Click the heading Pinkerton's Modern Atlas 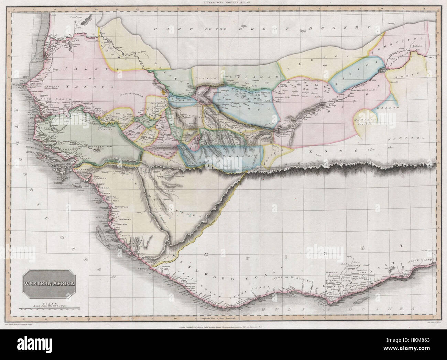223,2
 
